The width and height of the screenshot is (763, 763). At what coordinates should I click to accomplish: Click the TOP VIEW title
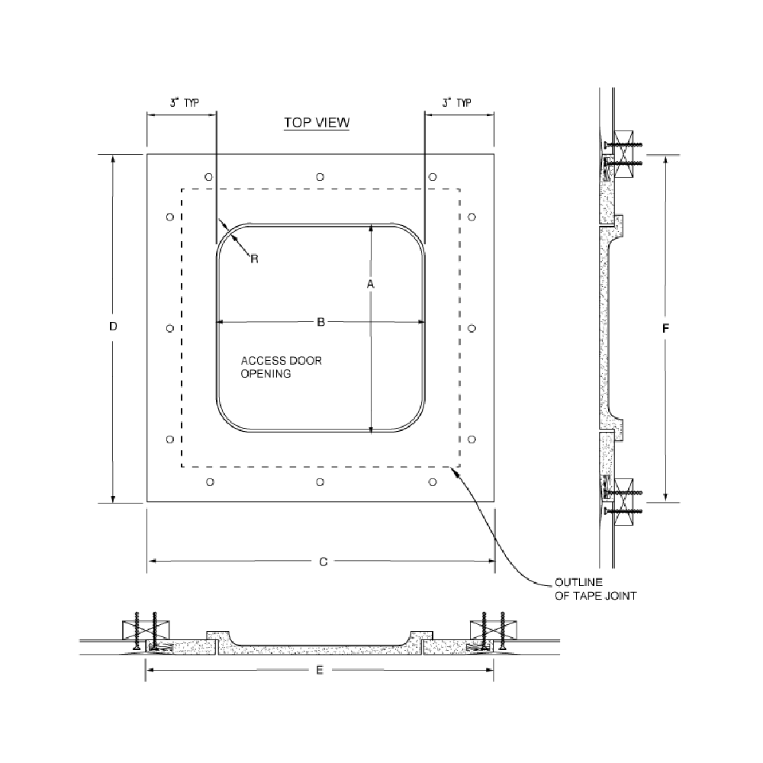point(317,123)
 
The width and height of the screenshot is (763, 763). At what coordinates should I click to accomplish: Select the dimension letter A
point(370,284)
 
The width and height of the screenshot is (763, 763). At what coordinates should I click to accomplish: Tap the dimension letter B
point(320,322)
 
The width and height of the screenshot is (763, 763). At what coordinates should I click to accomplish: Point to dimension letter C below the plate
point(324,562)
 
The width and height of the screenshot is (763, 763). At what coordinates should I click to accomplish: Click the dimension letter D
point(113,327)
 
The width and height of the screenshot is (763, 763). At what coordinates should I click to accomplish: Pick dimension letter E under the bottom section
point(320,671)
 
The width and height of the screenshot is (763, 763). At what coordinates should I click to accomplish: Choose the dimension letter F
point(665,329)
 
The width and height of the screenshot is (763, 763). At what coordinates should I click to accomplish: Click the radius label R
point(255,259)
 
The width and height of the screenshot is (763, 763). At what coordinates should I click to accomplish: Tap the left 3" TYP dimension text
point(185,103)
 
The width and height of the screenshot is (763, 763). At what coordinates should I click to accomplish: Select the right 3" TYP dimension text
point(456,103)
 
